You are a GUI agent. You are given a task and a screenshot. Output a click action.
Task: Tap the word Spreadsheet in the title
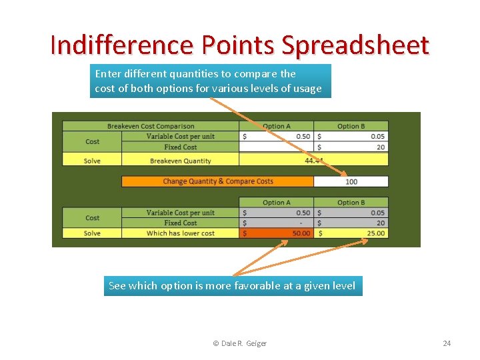pos(355,45)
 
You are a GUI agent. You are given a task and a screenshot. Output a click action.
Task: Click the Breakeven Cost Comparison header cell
pos(151,126)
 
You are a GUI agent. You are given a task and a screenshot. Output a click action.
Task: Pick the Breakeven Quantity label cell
pos(180,161)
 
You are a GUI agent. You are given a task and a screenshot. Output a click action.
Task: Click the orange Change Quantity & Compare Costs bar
pos(217,181)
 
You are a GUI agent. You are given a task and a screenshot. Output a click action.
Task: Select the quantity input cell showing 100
pos(351,181)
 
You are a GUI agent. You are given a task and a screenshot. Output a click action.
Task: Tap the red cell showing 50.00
pos(276,233)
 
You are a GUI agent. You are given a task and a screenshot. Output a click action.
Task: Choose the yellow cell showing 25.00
pos(351,233)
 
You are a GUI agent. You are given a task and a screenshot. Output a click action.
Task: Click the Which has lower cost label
pos(180,233)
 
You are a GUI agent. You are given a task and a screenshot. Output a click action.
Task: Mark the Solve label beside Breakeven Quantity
pos(92,161)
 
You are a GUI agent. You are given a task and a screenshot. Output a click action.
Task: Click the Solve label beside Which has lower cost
pos(92,233)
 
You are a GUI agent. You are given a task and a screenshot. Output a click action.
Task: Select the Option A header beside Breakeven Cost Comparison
pos(276,126)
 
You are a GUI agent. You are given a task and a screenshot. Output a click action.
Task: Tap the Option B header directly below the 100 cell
pos(351,202)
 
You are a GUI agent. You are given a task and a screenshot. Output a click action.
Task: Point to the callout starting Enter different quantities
pos(210,81)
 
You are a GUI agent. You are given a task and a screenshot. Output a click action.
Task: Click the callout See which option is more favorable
pos(233,286)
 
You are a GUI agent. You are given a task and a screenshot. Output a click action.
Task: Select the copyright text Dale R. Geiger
pos(239,343)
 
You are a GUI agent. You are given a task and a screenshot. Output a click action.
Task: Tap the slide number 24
pos(447,343)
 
